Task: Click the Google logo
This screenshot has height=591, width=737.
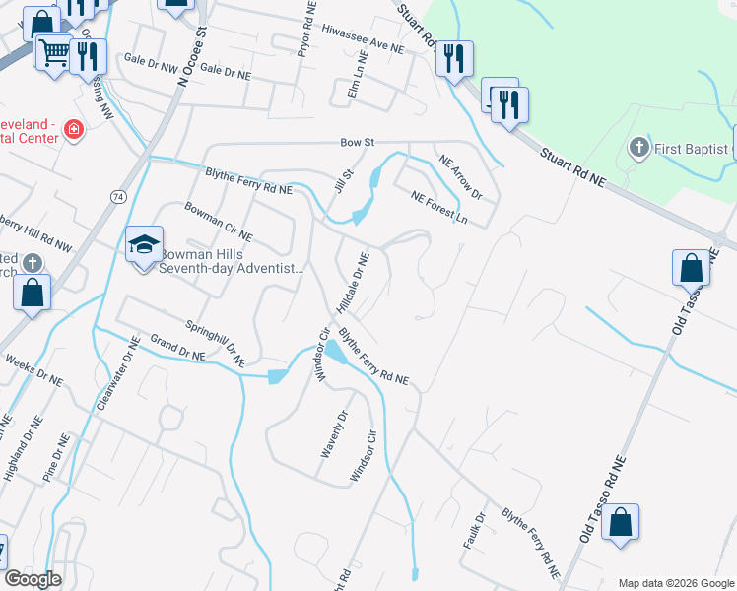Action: click(x=33, y=580)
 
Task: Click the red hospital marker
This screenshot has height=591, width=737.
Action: click(x=72, y=130)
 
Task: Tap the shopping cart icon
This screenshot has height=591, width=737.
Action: click(x=55, y=51)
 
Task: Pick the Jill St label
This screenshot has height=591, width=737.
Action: click(x=344, y=180)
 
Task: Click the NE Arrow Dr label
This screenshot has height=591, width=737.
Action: click(x=460, y=178)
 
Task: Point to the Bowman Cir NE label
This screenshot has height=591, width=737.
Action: click(x=219, y=223)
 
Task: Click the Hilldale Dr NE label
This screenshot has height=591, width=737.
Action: click(x=352, y=283)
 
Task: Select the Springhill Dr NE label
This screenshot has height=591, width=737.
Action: click(x=214, y=343)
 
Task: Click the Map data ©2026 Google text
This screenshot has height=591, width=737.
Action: click(x=675, y=582)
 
